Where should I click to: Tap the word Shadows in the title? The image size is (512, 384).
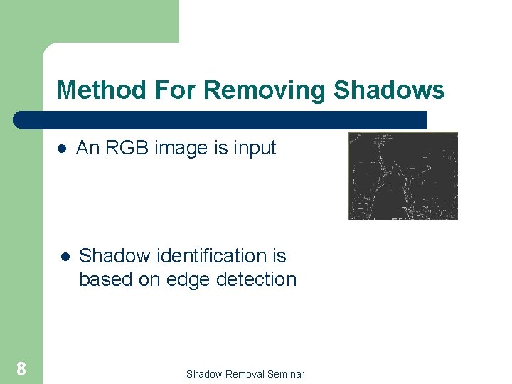tap(389, 91)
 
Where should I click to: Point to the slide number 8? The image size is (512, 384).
tap(21, 368)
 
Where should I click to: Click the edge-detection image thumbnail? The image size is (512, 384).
tap(402, 176)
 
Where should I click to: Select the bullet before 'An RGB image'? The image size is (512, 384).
tap(62, 149)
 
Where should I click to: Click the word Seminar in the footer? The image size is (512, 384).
tap(285, 374)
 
